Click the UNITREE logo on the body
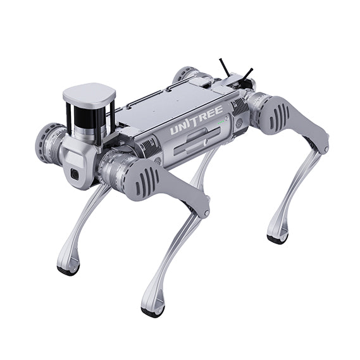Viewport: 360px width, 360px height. [x=196, y=121]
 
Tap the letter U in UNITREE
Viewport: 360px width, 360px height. [x=174, y=130]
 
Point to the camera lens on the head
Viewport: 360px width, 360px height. [x=75, y=175]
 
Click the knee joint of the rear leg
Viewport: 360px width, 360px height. [x=321, y=142]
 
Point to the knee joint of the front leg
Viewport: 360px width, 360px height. [x=201, y=206]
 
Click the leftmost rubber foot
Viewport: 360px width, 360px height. [x=68, y=270]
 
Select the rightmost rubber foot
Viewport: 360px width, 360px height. [x=277, y=239]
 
